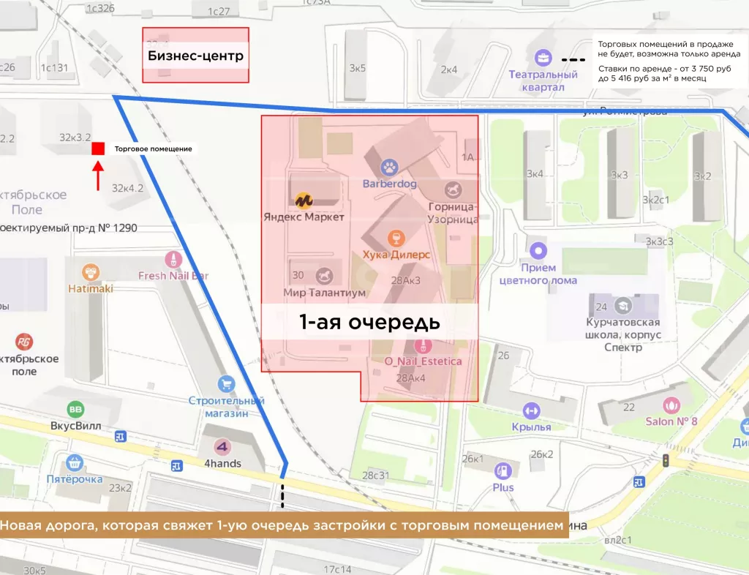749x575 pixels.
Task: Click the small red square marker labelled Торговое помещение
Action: click(x=98, y=149)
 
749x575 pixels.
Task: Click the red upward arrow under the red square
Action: click(x=98, y=176)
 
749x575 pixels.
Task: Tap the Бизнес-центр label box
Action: click(x=195, y=56)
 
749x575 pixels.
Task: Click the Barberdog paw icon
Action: click(x=389, y=167)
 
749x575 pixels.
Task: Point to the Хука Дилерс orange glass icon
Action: click(x=396, y=238)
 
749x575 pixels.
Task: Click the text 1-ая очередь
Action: click(x=369, y=322)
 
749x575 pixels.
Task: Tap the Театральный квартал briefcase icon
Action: click(x=543, y=57)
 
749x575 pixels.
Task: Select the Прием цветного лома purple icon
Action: click(x=538, y=251)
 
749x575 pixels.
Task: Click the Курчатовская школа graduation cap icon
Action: click(x=623, y=305)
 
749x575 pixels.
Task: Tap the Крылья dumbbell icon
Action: click(x=531, y=410)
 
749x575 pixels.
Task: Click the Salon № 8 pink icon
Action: click(x=671, y=405)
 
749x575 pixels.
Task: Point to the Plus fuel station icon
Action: click(x=503, y=471)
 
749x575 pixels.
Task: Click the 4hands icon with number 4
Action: click(x=222, y=446)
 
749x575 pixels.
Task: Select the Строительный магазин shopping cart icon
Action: click(x=226, y=383)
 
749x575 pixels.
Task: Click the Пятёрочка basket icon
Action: click(x=74, y=462)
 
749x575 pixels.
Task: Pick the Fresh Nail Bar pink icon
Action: click(x=173, y=258)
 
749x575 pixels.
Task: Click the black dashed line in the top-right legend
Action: click(x=578, y=59)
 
